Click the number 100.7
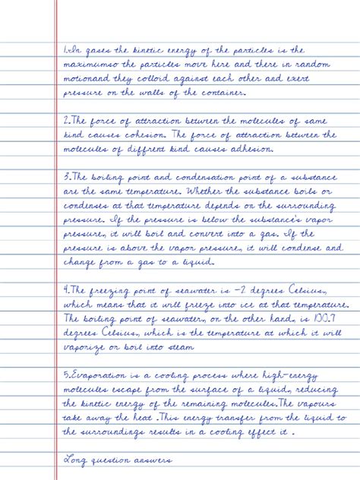(322, 321)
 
